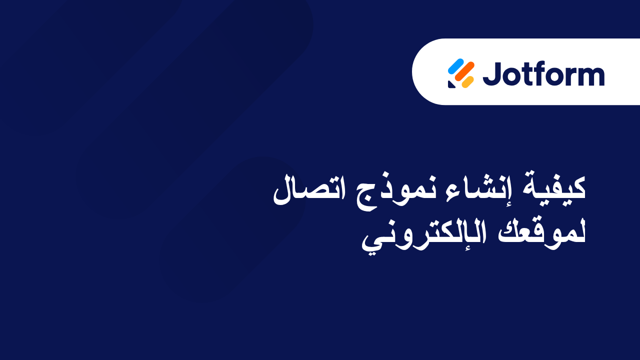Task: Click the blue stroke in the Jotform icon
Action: pyautogui.click(x=455, y=65)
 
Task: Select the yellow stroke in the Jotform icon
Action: pyautogui.click(x=467, y=81)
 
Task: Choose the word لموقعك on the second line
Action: pyautogui.click(x=540, y=233)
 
